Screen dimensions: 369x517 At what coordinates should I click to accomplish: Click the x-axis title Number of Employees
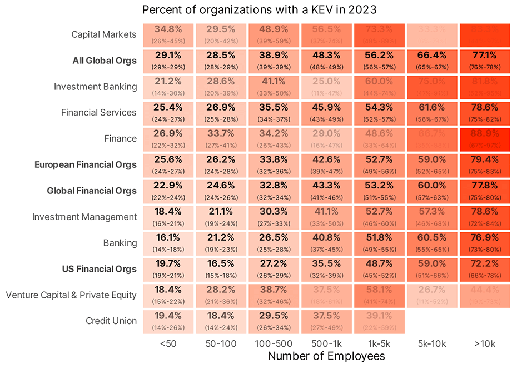(x=326, y=356)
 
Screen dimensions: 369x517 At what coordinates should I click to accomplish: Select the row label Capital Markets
(x=103, y=34)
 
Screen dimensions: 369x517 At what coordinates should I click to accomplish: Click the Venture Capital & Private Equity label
(x=71, y=295)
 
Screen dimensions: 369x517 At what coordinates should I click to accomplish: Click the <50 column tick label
(x=168, y=344)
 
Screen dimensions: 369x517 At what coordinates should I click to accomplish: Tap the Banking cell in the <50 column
(x=168, y=243)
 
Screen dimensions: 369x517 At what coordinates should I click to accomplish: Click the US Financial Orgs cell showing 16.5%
(x=221, y=269)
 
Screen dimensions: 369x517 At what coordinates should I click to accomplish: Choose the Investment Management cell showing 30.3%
(x=274, y=217)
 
